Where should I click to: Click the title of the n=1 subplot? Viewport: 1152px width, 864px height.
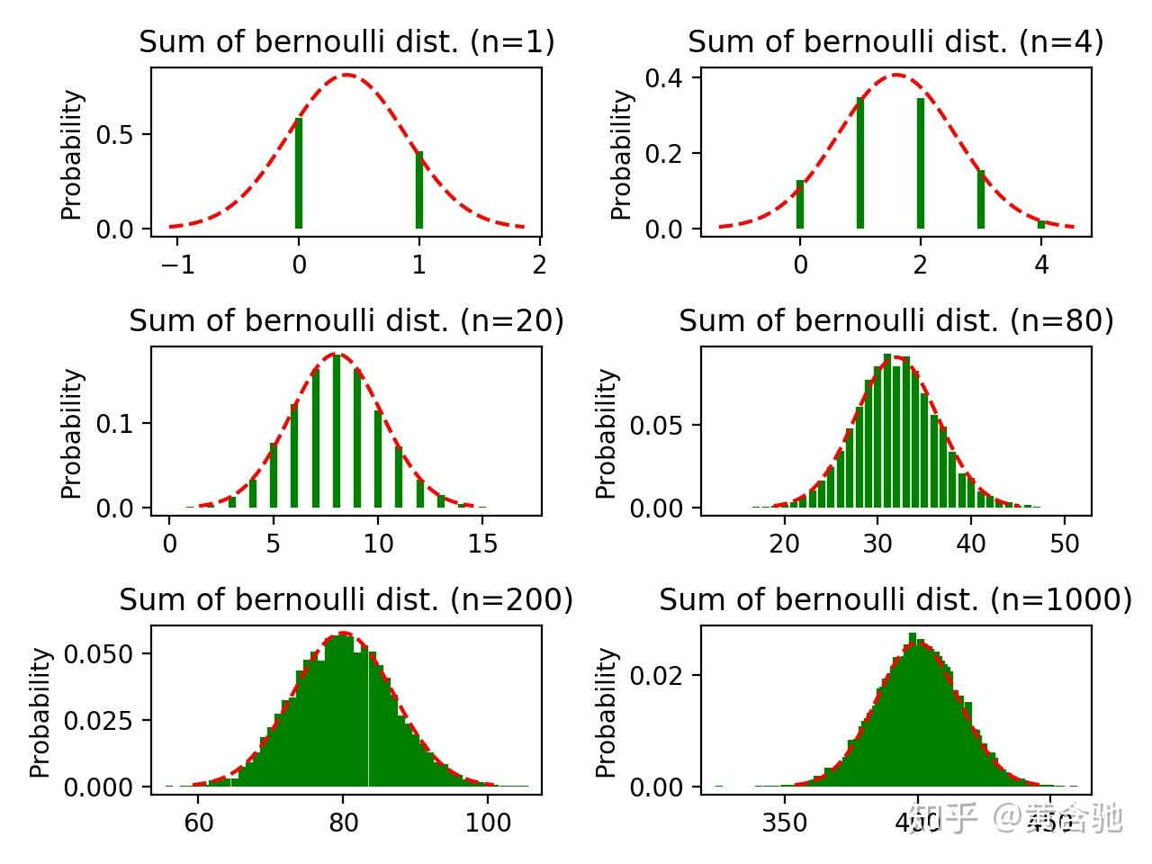coord(346,42)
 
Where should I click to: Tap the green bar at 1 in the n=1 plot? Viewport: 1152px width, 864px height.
coord(419,190)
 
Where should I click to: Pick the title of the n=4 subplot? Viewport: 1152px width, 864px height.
coord(895,42)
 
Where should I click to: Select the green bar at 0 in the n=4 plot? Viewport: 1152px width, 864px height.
coord(800,204)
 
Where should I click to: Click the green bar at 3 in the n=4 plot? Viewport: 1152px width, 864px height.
coord(981,199)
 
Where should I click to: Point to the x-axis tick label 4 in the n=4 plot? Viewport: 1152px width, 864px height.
coord(1041,265)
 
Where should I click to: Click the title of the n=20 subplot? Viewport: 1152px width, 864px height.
coord(346,321)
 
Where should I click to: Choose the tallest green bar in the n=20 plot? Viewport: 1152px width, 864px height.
coord(337,431)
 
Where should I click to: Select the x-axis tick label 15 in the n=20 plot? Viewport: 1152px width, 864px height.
coord(483,544)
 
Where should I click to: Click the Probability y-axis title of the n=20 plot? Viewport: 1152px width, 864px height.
coord(72,433)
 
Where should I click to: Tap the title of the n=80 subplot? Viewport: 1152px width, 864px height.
coord(895,321)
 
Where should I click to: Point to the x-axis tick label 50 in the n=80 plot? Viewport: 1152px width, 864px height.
coord(1065,544)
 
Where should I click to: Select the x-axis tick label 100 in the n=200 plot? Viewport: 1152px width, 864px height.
coord(489,823)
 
